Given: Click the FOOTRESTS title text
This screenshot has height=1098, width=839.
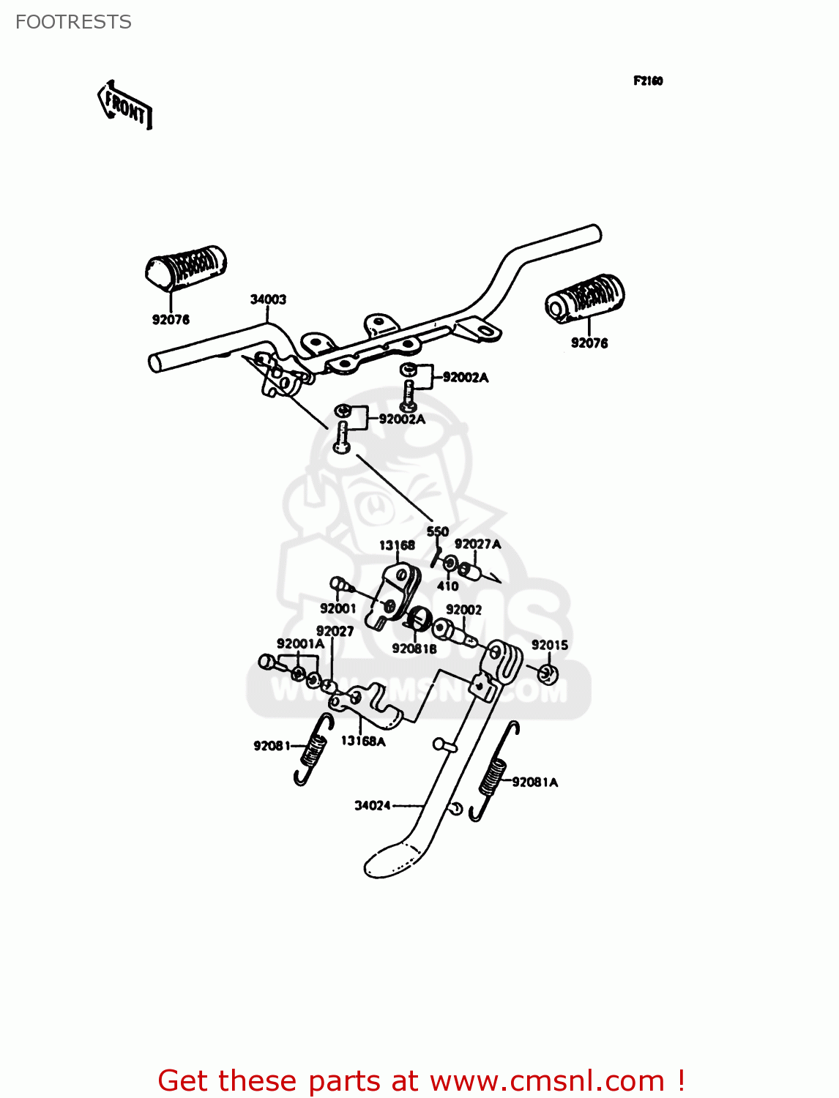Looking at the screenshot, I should (73, 22).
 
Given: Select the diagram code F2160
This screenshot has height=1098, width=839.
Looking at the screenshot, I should (648, 81).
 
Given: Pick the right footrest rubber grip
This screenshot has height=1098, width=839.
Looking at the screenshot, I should (585, 297).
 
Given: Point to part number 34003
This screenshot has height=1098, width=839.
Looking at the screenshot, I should (268, 299).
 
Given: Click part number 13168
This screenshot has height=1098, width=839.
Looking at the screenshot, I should (397, 545).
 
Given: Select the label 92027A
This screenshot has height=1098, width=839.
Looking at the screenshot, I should (477, 544).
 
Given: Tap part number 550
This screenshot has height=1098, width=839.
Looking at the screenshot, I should (437, 531).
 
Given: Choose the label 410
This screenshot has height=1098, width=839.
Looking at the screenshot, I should (447, 586).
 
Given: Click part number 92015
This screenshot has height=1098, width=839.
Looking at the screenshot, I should (549, 645).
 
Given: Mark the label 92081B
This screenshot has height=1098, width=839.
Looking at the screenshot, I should (414, 649).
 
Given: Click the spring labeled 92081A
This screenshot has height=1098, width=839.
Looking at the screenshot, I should (493, 776).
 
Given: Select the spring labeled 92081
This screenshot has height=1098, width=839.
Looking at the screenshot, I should (313, 750).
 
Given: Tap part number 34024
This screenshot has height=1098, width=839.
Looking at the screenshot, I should (373, 805).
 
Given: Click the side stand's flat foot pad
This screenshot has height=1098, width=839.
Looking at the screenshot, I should (394, 859).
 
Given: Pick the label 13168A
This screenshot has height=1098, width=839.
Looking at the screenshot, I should (363, 741).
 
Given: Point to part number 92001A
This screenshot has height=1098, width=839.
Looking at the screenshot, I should (300, 643).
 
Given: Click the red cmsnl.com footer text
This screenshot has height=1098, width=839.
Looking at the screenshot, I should (421, 1080).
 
